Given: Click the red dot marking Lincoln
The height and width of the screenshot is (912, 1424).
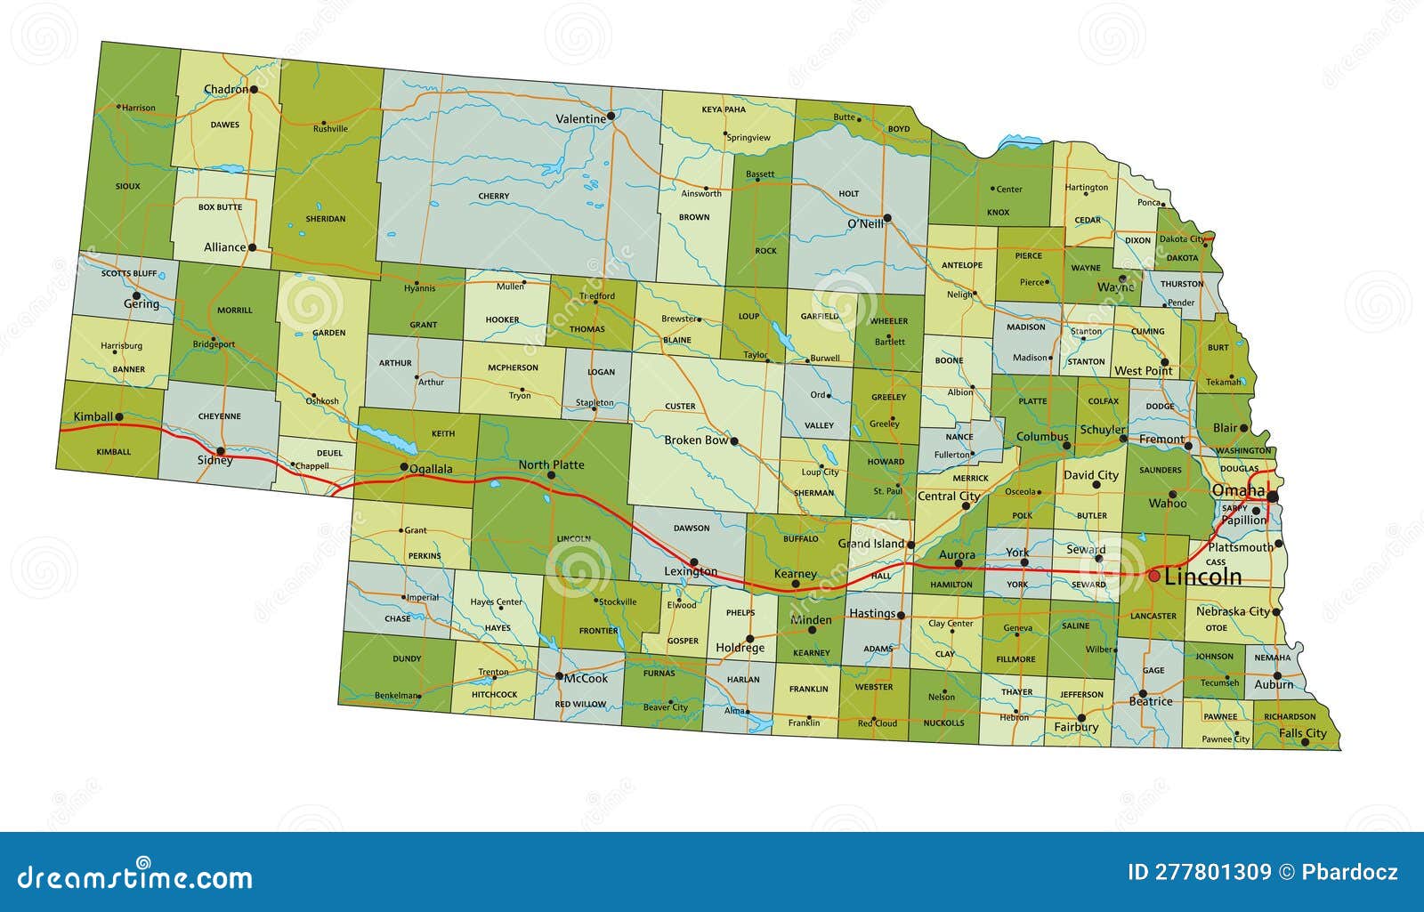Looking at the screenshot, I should point(1153,577).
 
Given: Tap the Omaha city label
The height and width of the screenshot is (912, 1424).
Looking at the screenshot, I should point(1238,491).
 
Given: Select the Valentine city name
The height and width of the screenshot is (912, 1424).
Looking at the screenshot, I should point(580,118).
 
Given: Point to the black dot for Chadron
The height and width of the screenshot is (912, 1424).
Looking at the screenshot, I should point(254,89).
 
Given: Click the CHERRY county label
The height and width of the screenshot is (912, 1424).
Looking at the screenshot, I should point(493,196).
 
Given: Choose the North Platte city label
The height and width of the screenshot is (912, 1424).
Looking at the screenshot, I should point(551,464).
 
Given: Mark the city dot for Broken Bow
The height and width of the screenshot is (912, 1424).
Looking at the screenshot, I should point(734,440).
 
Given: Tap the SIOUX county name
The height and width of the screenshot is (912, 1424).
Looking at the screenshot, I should point(128,187).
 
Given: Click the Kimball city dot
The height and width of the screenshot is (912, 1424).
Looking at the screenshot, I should point(118,416).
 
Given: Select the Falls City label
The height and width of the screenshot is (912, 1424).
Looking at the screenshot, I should point(1302,733).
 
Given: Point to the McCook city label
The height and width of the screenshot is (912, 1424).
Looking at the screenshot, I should point(587,678).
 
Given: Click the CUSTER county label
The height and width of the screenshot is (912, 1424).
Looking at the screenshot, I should point(681,407).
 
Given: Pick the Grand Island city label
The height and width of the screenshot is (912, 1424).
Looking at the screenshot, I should point(870,544).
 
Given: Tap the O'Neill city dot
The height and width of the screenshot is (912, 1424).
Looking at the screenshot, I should point(886,217).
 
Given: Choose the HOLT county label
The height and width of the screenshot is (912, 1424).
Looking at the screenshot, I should point(849,193).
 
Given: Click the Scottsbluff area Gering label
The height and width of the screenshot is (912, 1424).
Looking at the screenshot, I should point(142,304).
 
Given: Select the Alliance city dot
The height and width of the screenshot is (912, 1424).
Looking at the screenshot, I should point(253,247).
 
